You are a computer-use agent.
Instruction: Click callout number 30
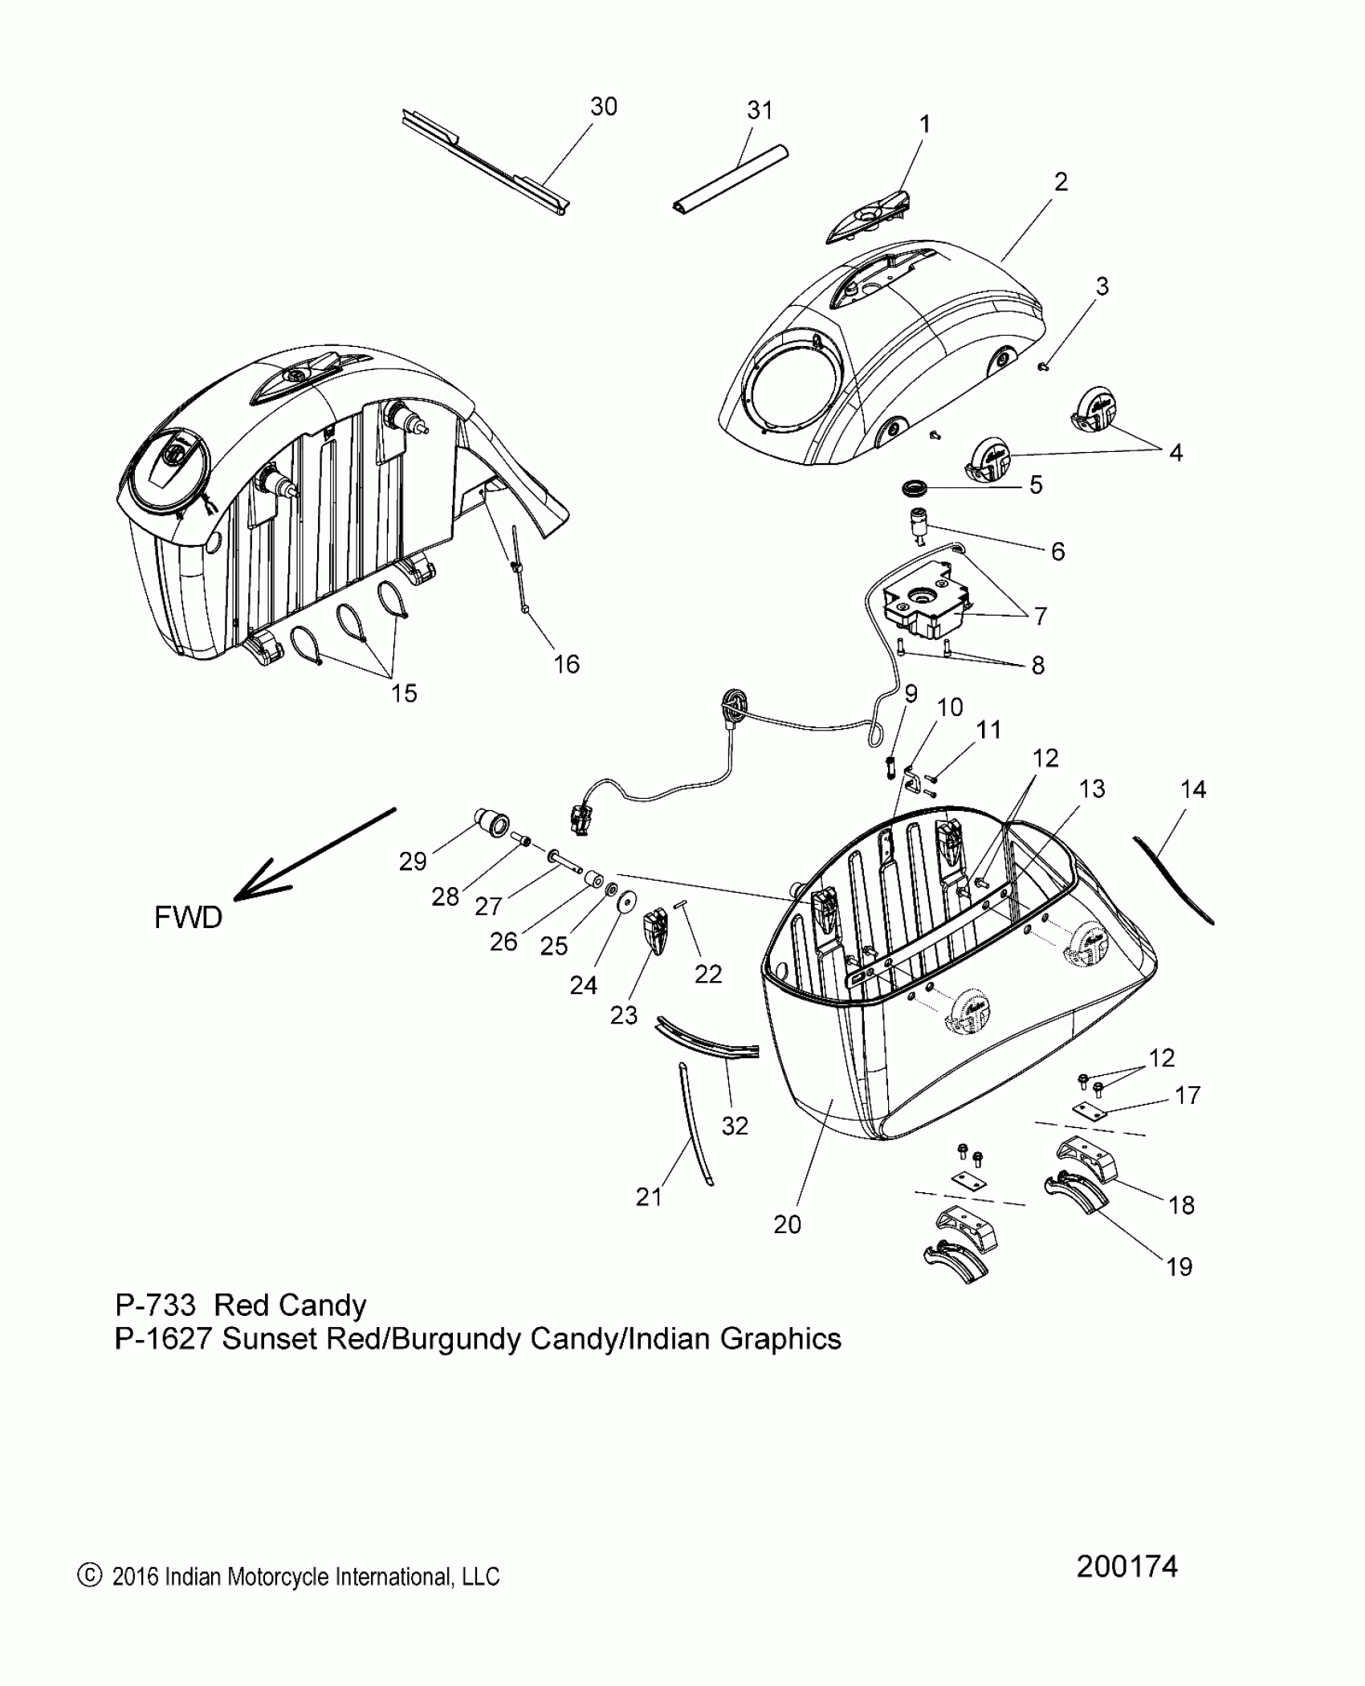(x=604, y=107)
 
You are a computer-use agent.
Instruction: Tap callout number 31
(x=760, y=111)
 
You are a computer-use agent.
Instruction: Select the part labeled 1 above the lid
(x=869, y=218)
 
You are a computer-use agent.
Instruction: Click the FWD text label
(x=188, y=917)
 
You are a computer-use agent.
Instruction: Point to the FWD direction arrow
(x=313, y=853)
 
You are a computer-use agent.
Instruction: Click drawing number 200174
(x=1127, y=1589)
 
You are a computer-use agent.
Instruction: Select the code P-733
(x=155, y=1305)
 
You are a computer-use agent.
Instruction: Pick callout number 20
(x=787, y=1224)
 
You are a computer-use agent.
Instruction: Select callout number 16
(x=566, y=664)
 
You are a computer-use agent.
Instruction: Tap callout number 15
(x=404, y=693)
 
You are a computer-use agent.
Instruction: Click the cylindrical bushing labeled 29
(x=491, y=824)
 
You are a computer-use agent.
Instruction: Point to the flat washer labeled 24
(x=624, y=902)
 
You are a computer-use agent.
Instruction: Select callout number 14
(x=1193, y=789)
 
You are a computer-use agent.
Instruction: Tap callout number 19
(x=1179, y=1267)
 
